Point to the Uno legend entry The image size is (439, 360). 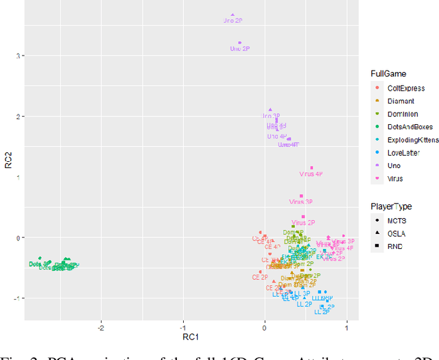click(391, 166)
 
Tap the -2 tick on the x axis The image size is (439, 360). click(102, 326)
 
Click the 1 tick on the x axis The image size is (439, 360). click(346, 326)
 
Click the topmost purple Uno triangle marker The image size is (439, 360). click(233, 14)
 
